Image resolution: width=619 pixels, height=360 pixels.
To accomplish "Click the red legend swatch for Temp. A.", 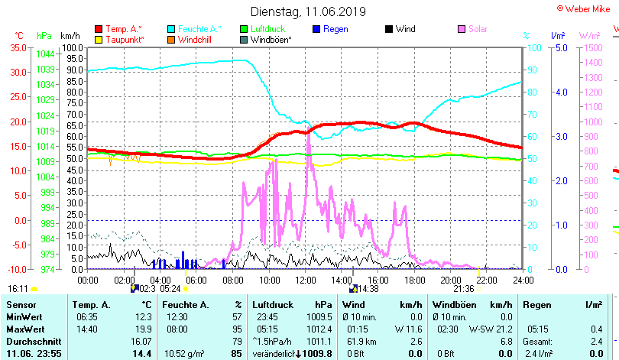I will [99, 29].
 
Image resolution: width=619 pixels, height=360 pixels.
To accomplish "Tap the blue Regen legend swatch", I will [317, 29].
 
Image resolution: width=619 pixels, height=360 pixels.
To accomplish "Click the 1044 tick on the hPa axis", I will [45, 54].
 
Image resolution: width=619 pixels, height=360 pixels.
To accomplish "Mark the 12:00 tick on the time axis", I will [305, 280].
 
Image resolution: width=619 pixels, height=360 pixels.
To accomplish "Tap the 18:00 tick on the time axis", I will [413, 280].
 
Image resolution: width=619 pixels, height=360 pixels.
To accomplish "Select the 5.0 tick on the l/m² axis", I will [559, 47].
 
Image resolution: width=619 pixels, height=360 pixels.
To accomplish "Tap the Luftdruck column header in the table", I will [271, 305].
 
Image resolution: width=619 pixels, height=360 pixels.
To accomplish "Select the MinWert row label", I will [23, 316].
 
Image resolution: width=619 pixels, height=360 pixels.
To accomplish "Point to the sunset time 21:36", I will [464, 289].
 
